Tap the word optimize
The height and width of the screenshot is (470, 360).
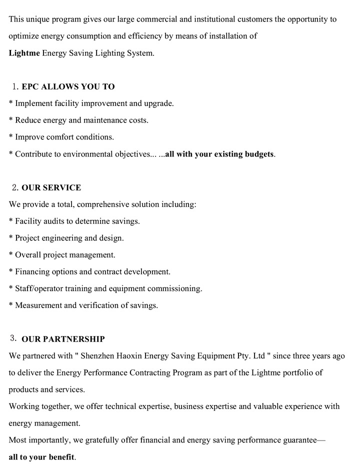click(x=25, y=36)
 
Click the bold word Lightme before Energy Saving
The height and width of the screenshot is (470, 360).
click(x=24, y=53)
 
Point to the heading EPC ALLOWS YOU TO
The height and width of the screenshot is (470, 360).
click(x=68, y=86)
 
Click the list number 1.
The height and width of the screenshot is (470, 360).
click(x=15, y=86)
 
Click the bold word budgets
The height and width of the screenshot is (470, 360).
click(x=259, y=154)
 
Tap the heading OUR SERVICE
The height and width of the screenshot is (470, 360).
click(x=51, y=188)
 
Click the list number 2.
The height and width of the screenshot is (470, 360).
click(x=15, y=188)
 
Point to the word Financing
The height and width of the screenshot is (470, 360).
click(x=33, y=272)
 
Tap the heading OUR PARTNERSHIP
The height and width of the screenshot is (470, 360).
click(x=63, y=339)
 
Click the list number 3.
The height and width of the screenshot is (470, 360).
click(x=13, y=338)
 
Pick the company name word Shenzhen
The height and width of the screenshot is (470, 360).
click(x=102, y=356)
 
